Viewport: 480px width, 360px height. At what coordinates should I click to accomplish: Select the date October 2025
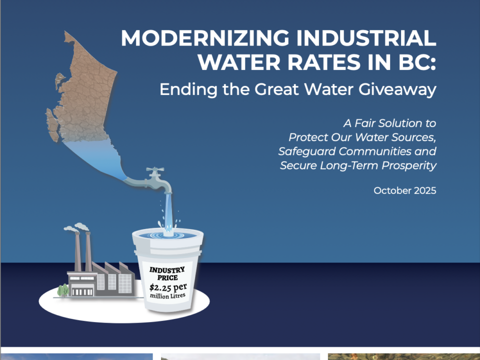(405, 190)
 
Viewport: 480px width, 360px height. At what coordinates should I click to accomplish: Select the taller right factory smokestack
(88, 250)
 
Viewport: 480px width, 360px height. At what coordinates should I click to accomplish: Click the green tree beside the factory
(62, 290)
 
